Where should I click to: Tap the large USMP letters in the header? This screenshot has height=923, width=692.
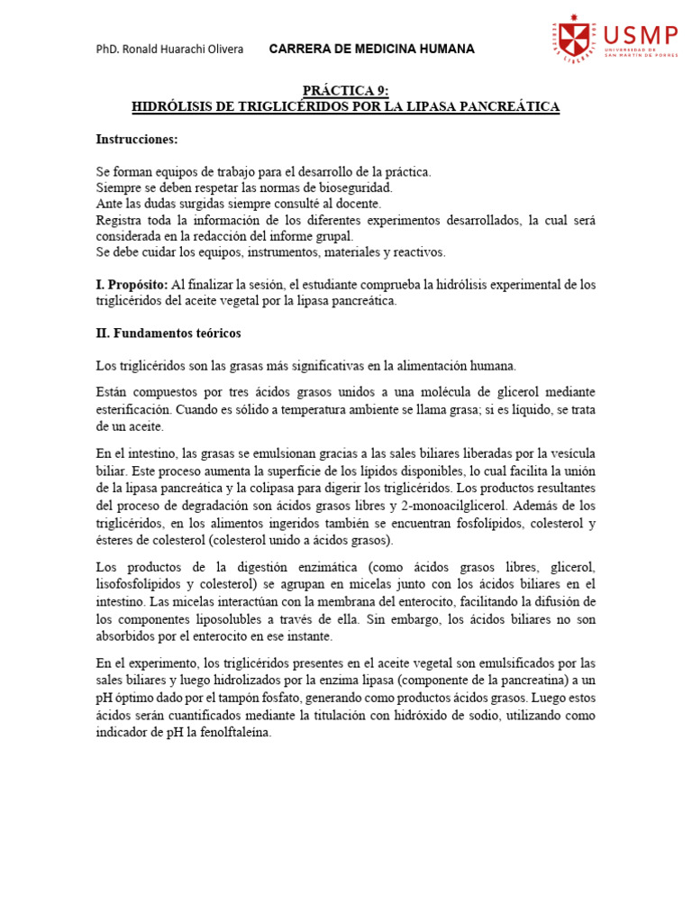pos(642,34)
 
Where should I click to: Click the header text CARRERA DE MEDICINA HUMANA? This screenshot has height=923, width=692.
pos(372,49)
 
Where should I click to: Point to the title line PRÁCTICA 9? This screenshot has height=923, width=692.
pos(346,90)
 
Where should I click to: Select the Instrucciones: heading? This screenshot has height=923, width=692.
pos(137,139)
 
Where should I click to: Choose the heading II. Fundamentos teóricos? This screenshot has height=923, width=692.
pos(168,333)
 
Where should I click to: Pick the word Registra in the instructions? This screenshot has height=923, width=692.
pos(119,220)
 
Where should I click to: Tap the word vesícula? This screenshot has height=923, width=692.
pos(568,452)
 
